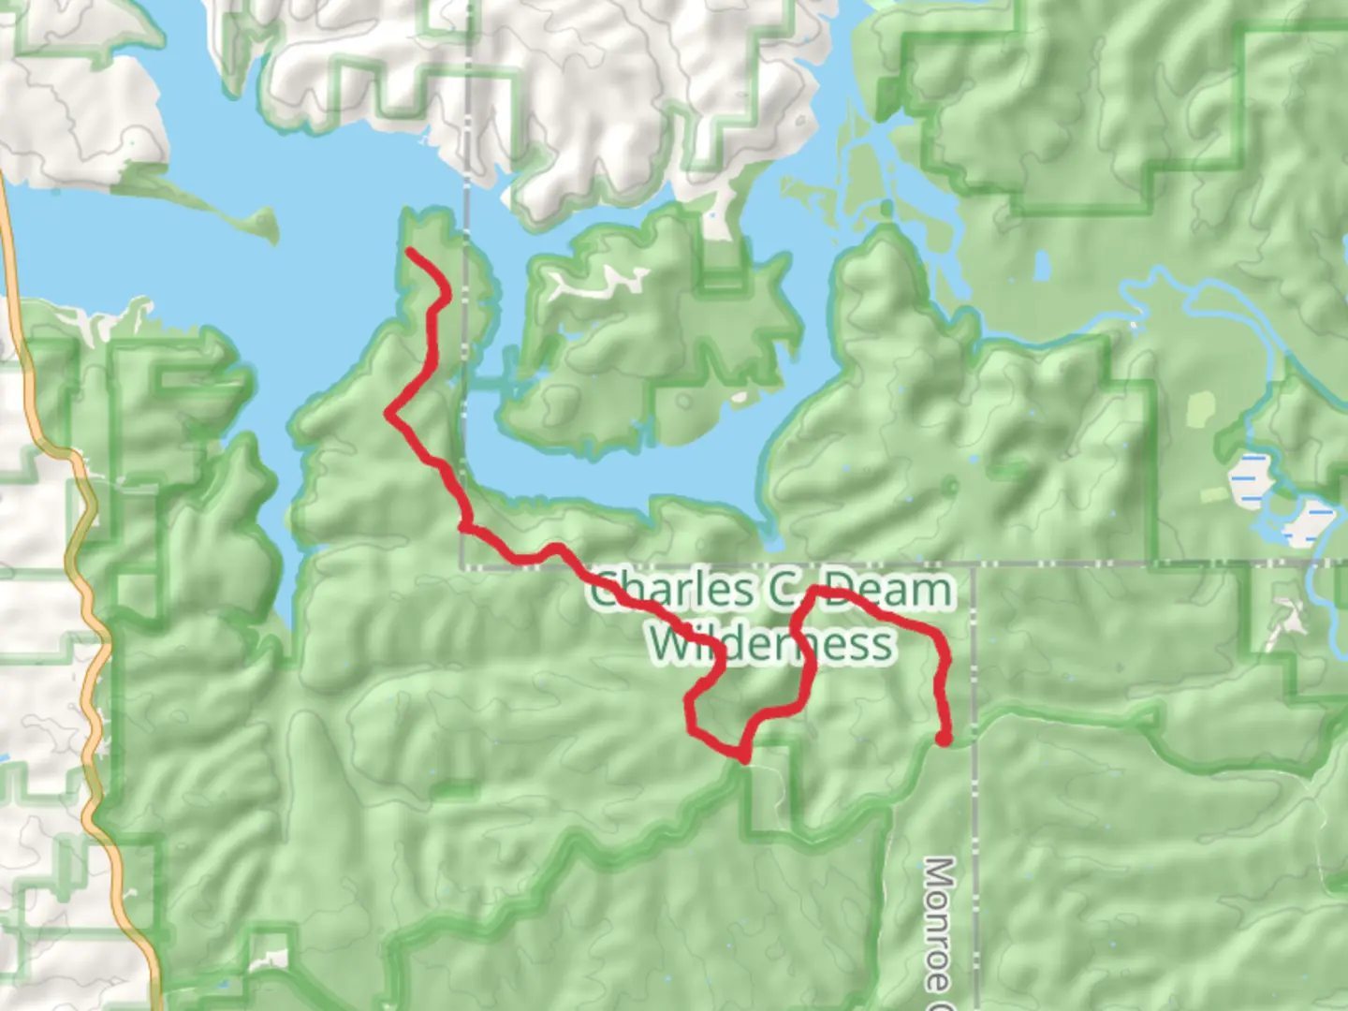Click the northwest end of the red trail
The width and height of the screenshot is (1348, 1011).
pyautogui.click(x=410, y=251)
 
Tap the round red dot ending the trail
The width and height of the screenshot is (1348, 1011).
pyautogui.click(x=945, y=740)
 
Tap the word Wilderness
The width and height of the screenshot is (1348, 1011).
pyautogui.click(x=771, y=645)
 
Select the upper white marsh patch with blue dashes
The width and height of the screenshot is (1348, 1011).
pyautogui.click(x=1251, y=477)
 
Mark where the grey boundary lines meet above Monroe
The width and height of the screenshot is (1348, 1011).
pyautogui.click(x=974, y=565)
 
